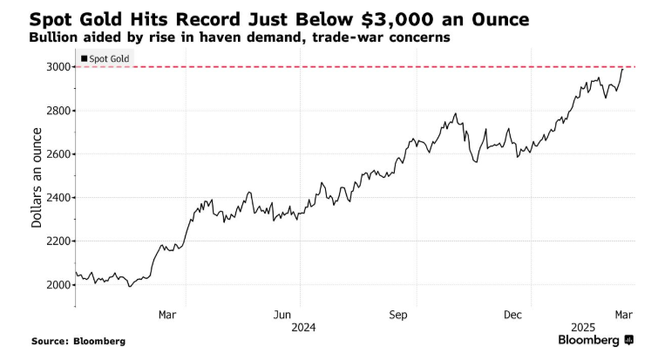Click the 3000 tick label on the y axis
pos(59,67)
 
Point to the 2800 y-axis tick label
pos(59,111)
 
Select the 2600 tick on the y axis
pos(59,154)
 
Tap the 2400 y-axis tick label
pos(59,198)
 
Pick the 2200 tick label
pos(59,241)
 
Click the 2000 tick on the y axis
pos(59,285)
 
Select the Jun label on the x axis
pos(282,314)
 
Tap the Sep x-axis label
pos(398,314)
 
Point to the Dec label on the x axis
pos(513,314)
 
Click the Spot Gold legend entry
pos(108,58)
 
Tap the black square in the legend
pos(84,58)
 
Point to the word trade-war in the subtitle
pos(339,37)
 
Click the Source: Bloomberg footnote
pos(78,341)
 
